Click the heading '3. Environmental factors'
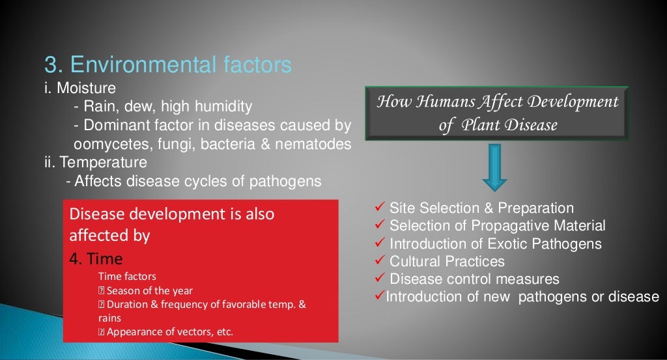tap(167, 65)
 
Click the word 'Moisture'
tap(87, 87)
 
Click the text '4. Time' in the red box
tap(96, 258)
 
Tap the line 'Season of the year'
tap(149, 290)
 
